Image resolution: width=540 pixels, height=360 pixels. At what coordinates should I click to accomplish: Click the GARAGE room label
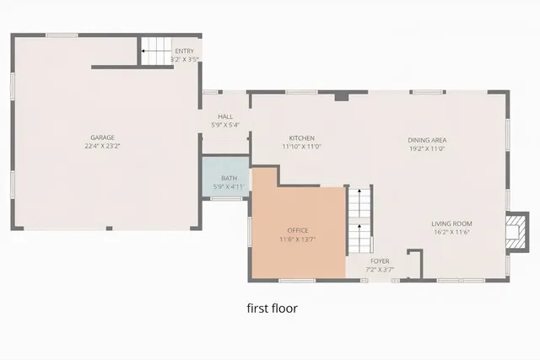103,137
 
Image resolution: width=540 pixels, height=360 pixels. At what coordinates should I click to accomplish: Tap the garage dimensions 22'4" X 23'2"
103,146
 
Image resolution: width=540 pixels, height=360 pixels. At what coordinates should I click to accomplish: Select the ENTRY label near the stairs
184,51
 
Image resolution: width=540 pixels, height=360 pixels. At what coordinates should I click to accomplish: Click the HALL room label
225,117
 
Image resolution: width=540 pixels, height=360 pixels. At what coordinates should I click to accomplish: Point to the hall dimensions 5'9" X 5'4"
225,126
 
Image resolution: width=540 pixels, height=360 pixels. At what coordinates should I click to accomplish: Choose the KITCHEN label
301,138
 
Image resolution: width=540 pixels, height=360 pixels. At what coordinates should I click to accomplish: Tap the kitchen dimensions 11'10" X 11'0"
301,147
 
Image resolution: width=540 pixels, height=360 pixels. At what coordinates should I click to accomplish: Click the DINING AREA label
427,140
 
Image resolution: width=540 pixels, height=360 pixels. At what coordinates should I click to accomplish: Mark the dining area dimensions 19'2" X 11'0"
427,148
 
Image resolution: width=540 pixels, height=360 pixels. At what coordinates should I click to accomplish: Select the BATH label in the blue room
229,178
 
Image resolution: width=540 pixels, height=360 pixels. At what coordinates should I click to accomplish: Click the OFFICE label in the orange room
298,230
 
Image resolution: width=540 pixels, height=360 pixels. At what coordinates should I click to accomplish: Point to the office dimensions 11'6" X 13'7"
298,239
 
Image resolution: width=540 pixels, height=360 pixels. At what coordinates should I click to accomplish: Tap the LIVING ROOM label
451,223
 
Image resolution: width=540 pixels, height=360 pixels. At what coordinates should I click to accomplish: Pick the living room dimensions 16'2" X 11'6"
451,232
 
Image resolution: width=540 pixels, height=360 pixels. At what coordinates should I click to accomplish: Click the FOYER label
379,261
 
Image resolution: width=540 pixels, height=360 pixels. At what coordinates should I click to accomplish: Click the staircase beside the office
360,221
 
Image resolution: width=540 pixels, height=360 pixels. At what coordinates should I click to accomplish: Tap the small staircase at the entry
154,51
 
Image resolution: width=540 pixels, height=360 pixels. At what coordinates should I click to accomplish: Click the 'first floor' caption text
272,309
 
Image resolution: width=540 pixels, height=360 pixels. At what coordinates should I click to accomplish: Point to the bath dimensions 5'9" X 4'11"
228,186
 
